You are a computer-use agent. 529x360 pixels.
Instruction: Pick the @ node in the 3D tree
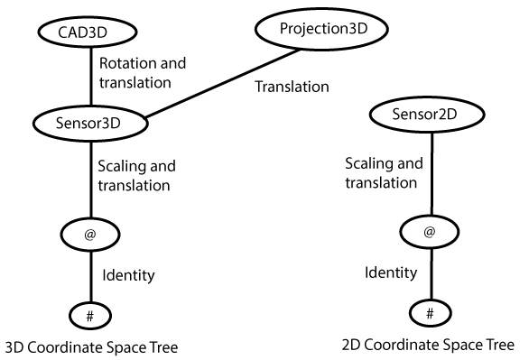[89, 235]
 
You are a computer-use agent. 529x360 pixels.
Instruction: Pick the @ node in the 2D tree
[429, 232]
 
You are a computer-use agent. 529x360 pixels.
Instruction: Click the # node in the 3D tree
[89, 317]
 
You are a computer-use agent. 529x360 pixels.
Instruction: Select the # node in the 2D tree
[429, 313]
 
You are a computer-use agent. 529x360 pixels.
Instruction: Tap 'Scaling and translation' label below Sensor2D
[383, 172]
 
